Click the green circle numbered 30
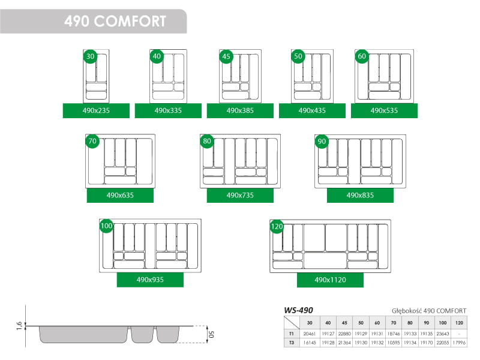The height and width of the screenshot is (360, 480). tap(91, 56)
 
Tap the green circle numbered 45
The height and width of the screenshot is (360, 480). tap(226, 56)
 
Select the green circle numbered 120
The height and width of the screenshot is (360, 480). tap(277, 226)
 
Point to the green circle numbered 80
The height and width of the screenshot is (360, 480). tap(207, 141)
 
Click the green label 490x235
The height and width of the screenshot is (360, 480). tap(96, 110)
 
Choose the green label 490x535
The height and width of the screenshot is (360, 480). tap(384, 110)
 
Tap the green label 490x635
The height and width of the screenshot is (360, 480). tap(120, 196)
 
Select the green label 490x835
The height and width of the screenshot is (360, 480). tap(361, 196)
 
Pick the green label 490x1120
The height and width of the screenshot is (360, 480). tap(331, 280)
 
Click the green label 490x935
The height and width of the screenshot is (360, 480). tap(150, 280)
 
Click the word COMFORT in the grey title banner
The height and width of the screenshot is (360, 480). tap(130, 22)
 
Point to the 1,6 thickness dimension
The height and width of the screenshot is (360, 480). tap(19, 326)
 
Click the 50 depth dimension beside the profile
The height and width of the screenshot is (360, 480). tap(211, 334)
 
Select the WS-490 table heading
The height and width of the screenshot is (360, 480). tap(298, 310)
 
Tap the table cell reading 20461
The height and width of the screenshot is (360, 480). tap(310, 334)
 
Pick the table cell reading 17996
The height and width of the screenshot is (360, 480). tap(459, 343)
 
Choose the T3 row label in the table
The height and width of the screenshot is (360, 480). tap(292, 343)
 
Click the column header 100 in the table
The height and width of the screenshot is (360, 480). tap(443, 323)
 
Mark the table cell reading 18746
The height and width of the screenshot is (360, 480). tap(394, 334)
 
